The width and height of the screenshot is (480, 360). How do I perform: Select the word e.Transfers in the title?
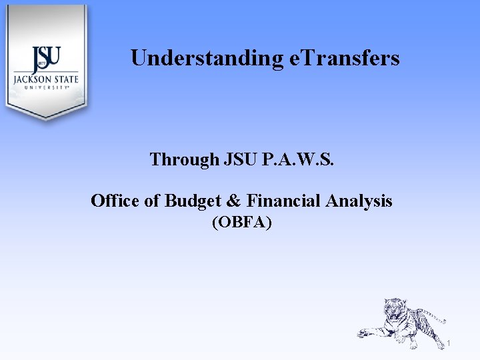tap(345, 59)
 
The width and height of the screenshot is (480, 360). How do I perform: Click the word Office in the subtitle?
tap(115, 201)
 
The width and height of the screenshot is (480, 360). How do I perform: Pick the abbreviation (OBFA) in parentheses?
tap(241, 223)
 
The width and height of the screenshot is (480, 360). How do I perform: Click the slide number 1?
tap(449, 344)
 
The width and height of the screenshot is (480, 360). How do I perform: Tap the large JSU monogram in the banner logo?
tap(46, 59)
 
